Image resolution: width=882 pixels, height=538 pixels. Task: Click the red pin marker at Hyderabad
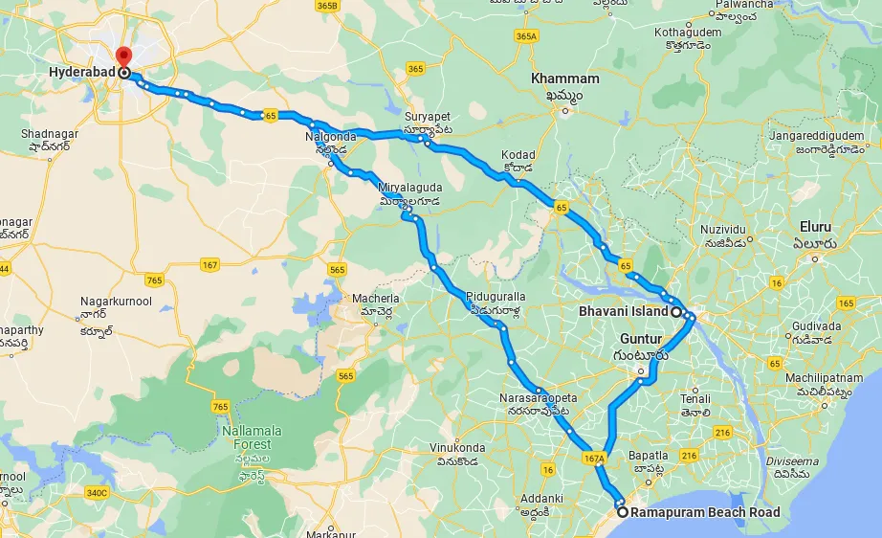coord(121,56)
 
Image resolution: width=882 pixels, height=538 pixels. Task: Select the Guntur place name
coord(641,339)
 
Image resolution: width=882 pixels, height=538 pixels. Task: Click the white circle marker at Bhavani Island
coord(675,312)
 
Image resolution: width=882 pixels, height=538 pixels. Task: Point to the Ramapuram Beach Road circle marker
coord(624,512)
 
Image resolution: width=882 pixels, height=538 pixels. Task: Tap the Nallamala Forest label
coord(246,437)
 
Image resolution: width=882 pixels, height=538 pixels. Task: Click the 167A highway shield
coord(594,459)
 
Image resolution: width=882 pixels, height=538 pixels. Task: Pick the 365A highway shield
coord(526,35)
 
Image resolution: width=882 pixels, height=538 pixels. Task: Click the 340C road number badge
coord(97,492)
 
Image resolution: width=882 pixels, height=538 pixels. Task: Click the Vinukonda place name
coord(457,448)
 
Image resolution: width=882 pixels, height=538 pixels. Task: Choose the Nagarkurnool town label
coord(116,302)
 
